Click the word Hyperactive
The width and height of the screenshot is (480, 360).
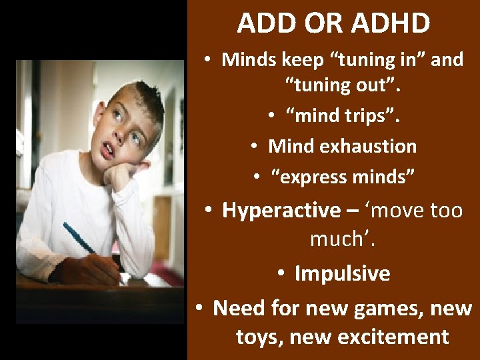(x=281, y=210)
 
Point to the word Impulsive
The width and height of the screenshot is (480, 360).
(x=342, y=273)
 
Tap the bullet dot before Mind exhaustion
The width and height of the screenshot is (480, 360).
(x=255, y=147)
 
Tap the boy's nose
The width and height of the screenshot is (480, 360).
(x=121, y=137)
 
